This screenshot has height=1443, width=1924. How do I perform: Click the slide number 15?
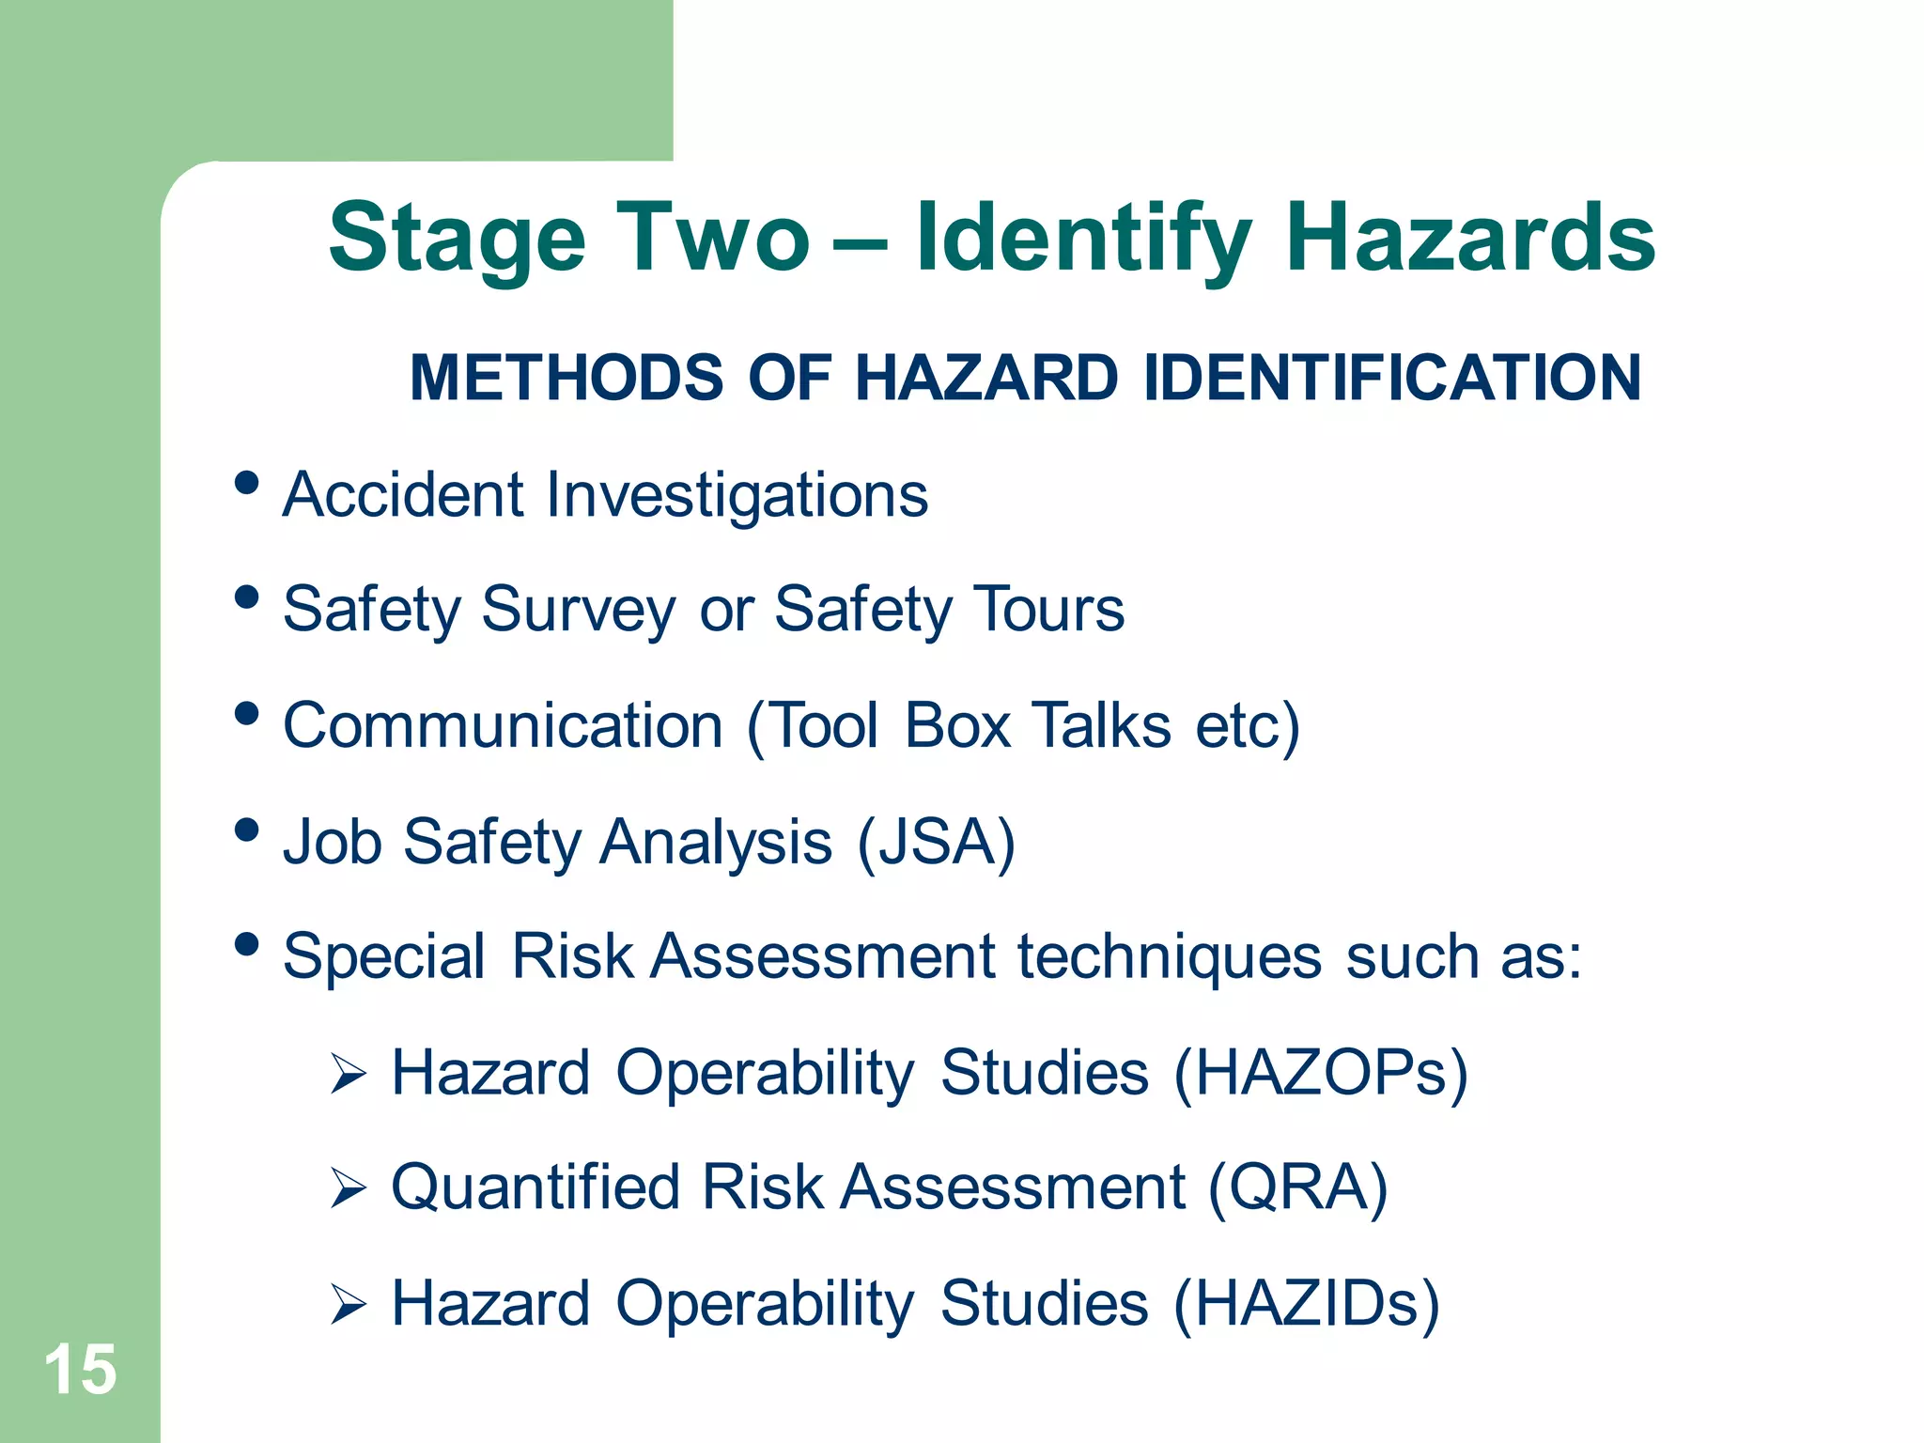[x=81, y=1370]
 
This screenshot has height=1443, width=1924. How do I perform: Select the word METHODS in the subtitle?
[x=566, y=378]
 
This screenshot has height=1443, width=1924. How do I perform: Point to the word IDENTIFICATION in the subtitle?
[x=1392, y=378]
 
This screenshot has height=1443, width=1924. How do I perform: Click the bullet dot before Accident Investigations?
[x=246, y=483]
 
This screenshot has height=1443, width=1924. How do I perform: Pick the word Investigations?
[x=737, y=495]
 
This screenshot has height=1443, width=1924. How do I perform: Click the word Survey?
[x=578, y=611]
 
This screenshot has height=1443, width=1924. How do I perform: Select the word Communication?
[x=503, y=726]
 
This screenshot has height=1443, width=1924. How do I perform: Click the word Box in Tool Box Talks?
[x=957, y=726]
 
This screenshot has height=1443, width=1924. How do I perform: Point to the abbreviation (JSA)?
[x=936, y=842]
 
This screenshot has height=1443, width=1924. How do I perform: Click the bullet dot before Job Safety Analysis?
[x=246, y=830]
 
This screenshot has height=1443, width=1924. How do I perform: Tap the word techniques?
[x=1170, y=957]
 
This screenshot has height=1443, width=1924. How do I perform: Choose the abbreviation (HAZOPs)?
[x=1320, y=1074]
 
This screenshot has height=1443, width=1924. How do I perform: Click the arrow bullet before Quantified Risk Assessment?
[x=348, y=1189]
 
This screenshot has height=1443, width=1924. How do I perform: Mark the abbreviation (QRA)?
[x=1297, y=1189]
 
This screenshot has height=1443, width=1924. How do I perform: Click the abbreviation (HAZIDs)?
[x=1306, y=1304]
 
